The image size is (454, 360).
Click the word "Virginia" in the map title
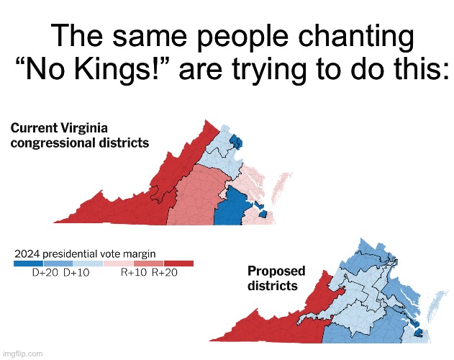click(x=88, y=128)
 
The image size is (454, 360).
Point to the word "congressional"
click(x=51, y=143)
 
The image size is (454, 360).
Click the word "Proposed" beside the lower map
click(x=276, y=271)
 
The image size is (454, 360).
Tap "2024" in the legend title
click(x=29, y=254)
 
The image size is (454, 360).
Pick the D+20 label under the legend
click(x=46, y=274)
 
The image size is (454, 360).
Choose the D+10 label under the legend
click(x=77, y=274)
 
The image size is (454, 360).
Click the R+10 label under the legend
click(x=135, y=274)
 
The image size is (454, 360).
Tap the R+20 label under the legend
click(x=166, y=274)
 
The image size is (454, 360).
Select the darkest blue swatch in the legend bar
click(x=29, y=264)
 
